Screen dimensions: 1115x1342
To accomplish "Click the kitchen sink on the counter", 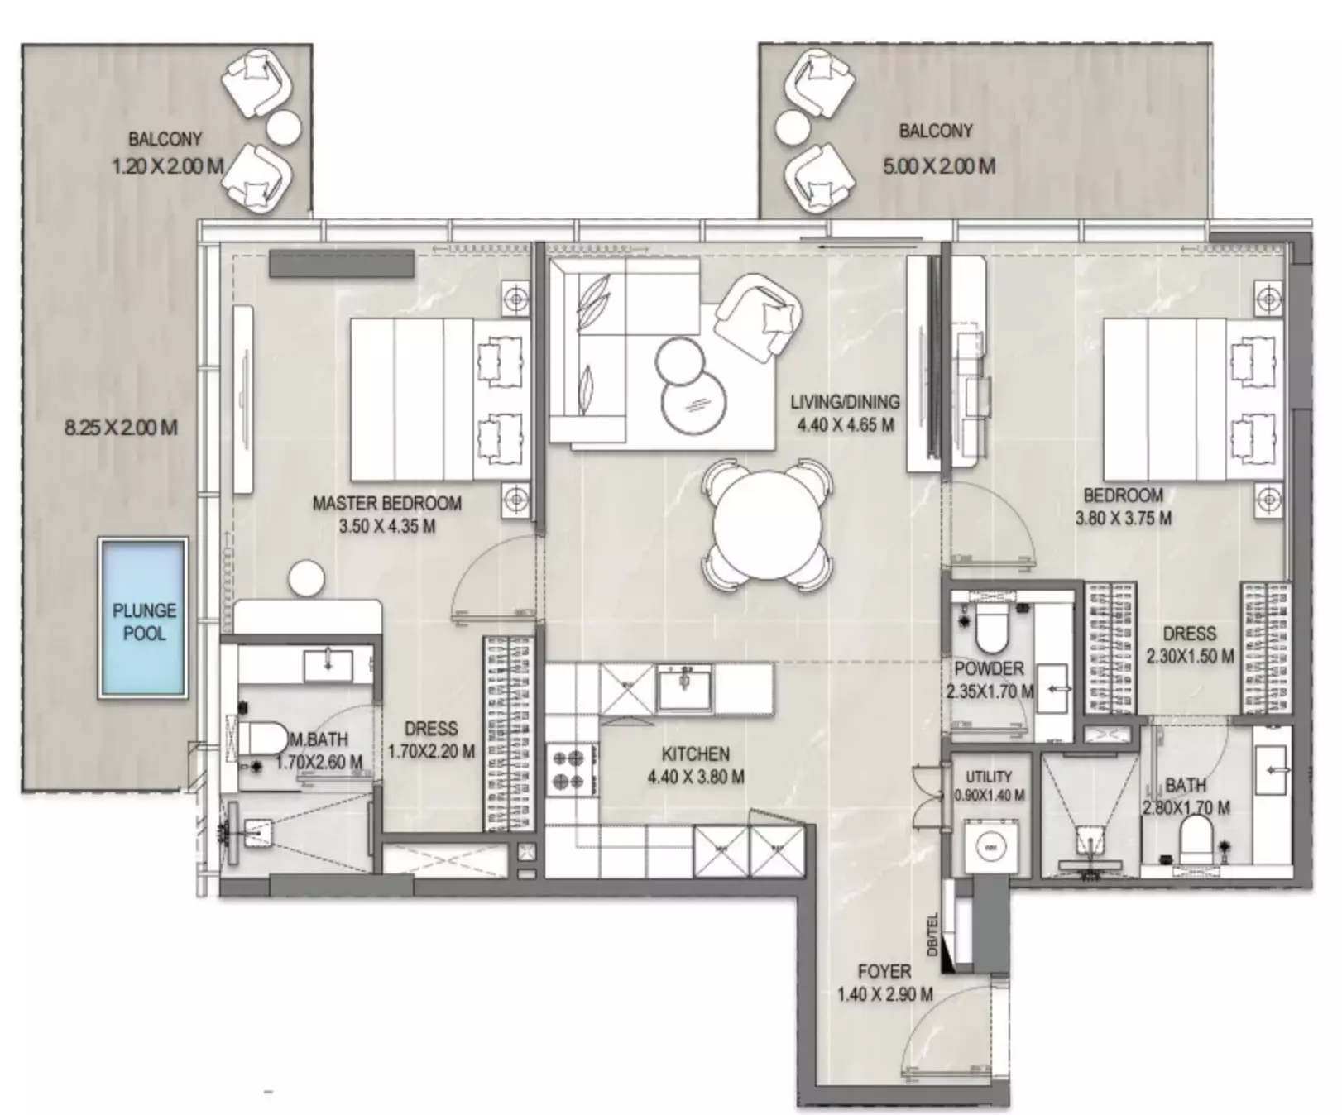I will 684,688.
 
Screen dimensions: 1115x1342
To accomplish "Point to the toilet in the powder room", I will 990,632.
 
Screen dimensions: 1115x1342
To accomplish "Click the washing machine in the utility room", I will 990,846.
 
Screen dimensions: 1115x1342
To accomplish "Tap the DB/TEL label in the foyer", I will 933,935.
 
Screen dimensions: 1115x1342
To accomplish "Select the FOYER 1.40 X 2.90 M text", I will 884,983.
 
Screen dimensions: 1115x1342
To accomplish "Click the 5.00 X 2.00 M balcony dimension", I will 938,166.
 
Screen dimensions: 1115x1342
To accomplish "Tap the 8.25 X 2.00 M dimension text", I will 121,428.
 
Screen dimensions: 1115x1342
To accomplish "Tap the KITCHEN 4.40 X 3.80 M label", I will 695,765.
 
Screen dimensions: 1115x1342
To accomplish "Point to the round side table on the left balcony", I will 284,127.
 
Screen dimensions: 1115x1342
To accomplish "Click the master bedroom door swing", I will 492,579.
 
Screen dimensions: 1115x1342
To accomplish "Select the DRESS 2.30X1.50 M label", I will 1189,644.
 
